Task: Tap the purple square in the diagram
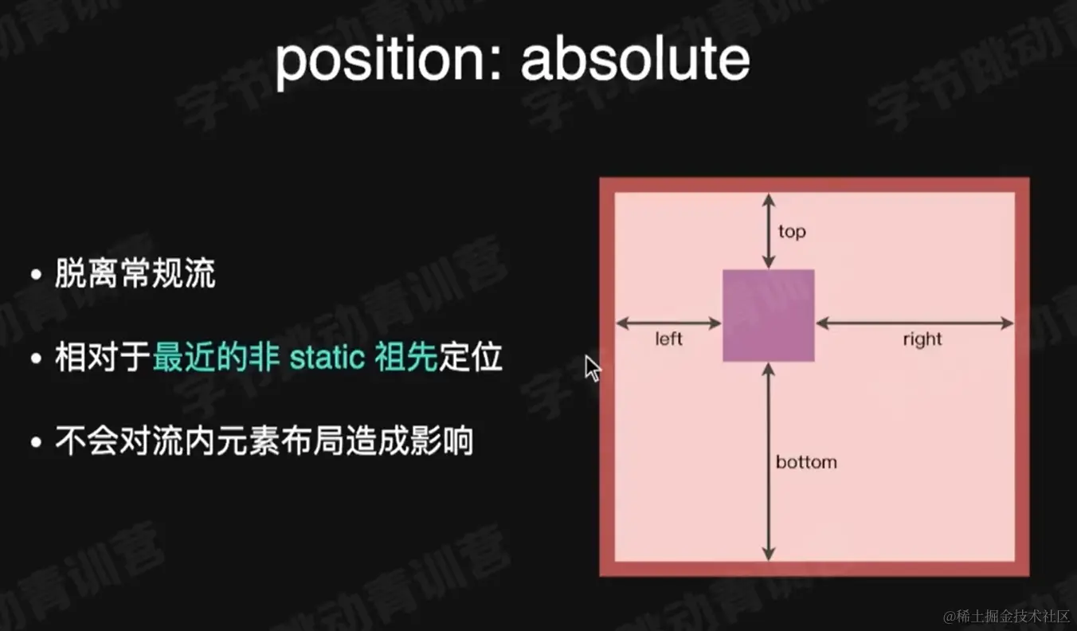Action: click(x=768, y=315)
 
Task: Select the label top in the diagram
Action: click(x=792, y=232)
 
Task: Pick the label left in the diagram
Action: click(x=669, y=339)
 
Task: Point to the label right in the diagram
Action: click(x=922, y=339)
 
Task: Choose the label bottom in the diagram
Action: click(x=806, y=462)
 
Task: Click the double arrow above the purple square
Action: click(x=768, y=230)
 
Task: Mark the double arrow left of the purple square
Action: click(x=669, y=323)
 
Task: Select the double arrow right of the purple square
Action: click(x=914, y=323)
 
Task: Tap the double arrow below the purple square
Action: click(x=768, y=461)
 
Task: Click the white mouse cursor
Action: click(x=593, y=368)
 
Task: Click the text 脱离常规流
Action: click(x=135, y=275)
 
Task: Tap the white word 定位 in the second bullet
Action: click(x=471, y=358)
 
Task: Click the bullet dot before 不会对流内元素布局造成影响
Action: click(x=36, y=441)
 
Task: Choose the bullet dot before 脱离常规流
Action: click(x=36, y=276)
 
